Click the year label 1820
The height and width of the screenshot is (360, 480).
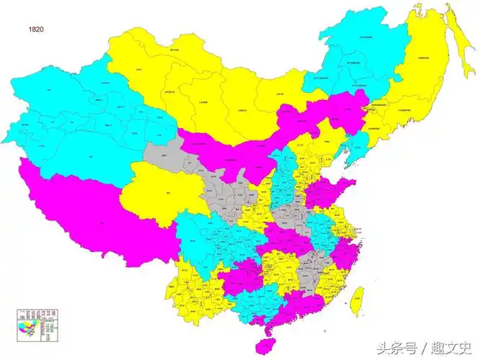click(37, 29)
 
